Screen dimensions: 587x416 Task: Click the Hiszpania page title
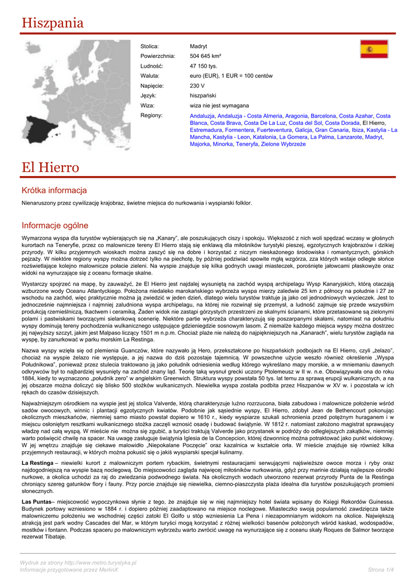tap(53, 24)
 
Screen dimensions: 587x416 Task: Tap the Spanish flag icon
tap(374, 49)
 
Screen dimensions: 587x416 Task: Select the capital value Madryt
tap(198, 46)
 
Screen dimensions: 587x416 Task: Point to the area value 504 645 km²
tap(205, 56)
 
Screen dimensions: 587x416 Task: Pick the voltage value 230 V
tap(197, 86)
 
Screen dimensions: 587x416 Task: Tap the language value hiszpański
tap(203, 96)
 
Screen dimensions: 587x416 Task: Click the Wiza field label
tap(147, 106)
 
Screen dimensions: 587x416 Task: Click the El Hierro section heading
tap(50, 167)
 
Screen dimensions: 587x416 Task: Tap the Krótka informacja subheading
tap(54, 190)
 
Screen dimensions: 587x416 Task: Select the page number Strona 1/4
tap(380, 569)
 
